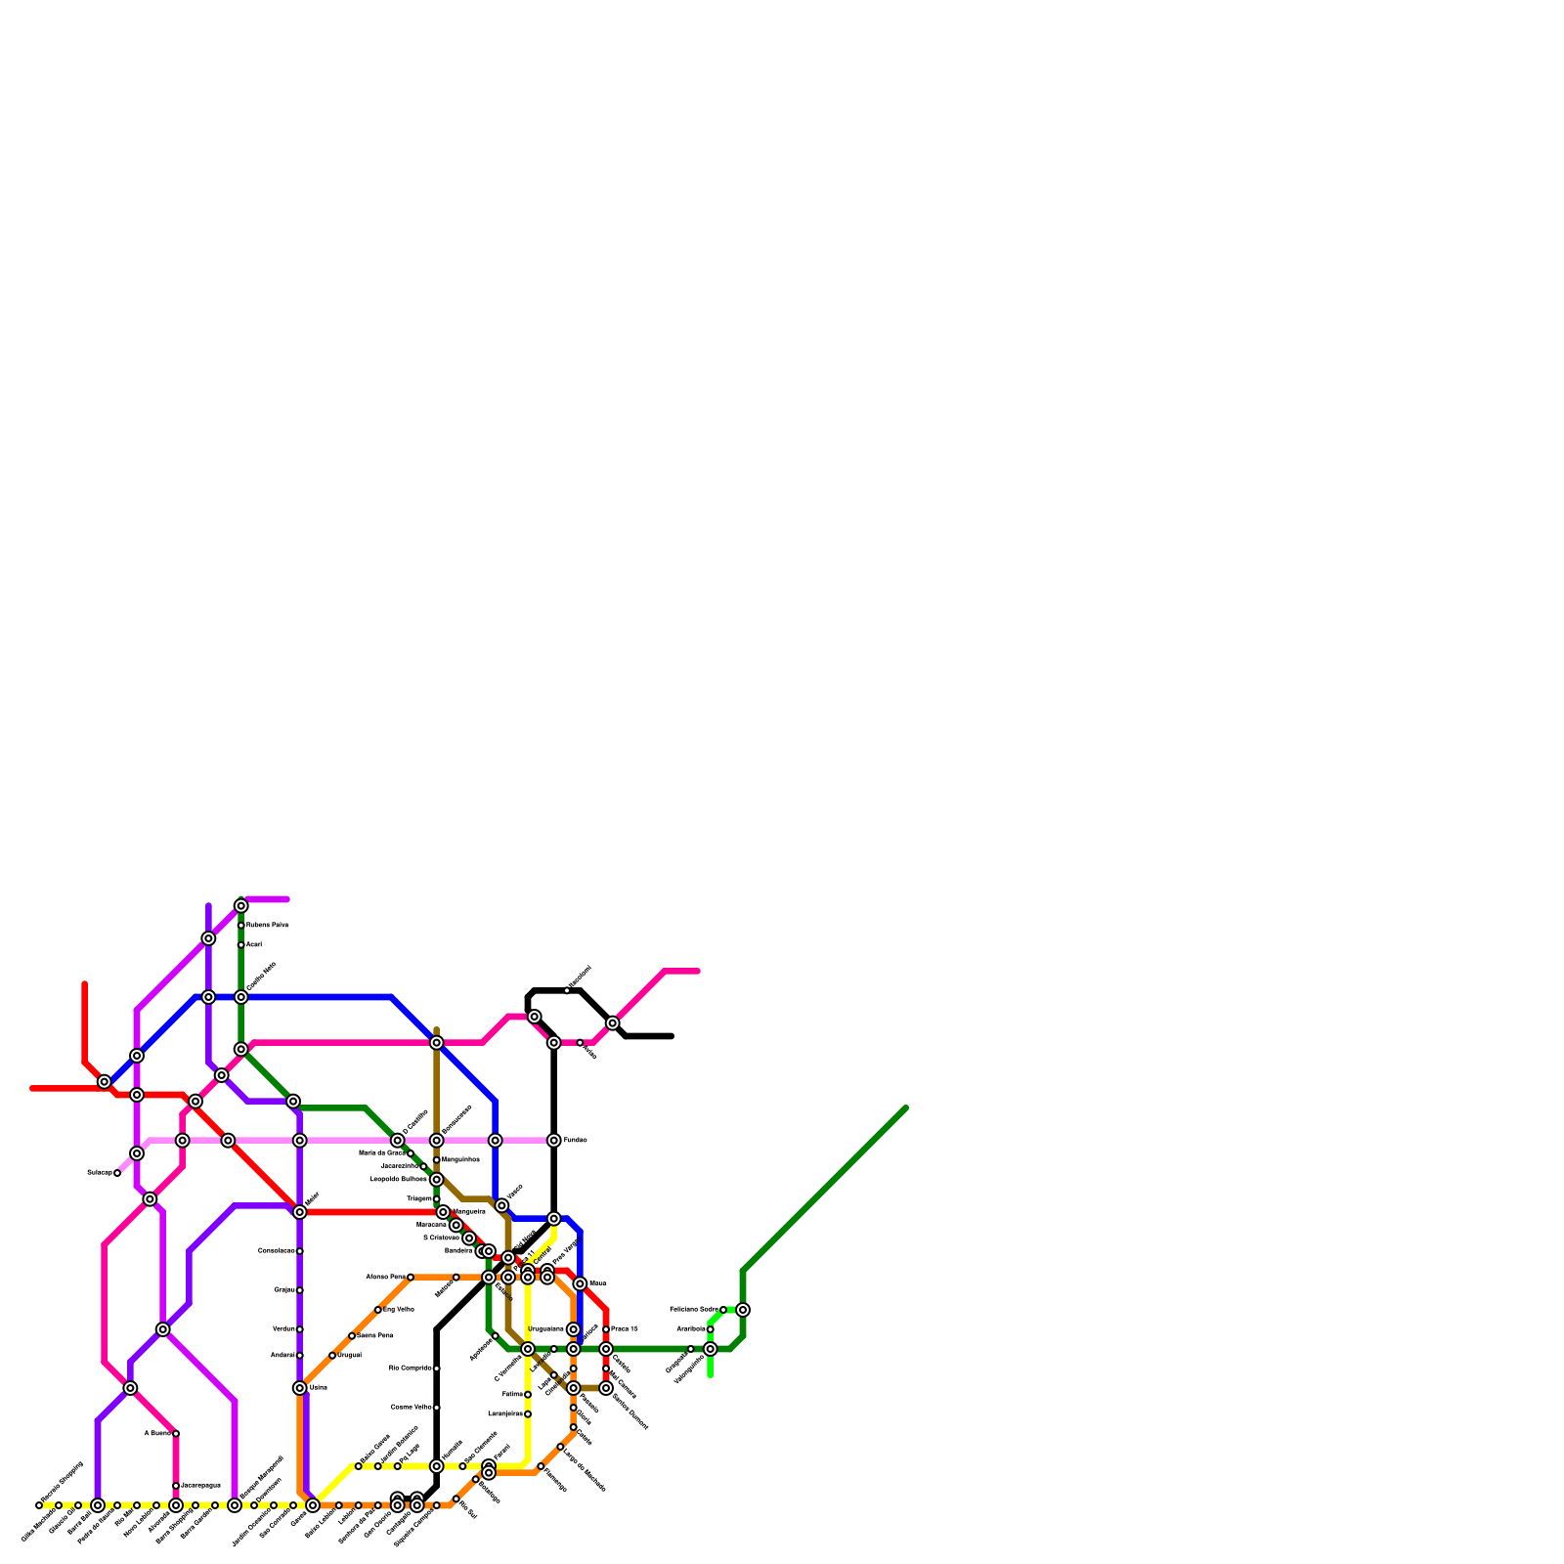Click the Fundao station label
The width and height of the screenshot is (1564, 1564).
(575, 1141)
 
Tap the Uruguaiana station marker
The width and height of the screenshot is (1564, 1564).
(574, 1329)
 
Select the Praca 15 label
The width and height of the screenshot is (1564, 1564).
(625, 1329)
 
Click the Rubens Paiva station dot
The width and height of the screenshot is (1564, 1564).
(241, 926)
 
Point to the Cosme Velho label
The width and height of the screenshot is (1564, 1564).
(411, 1408)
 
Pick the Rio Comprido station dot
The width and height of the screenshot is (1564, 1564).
(437, 1368)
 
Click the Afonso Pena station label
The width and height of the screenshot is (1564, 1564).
(385, 1278)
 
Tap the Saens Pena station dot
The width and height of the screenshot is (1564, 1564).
(352, 1336)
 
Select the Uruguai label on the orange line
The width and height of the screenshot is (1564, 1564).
(349, 1356)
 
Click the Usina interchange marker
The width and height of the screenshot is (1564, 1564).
(300, 1388)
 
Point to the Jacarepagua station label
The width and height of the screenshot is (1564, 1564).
(200, 1486)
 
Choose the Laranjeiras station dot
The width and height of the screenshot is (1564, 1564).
(528, 1414)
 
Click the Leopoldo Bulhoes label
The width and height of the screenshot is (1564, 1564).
(399, 1180)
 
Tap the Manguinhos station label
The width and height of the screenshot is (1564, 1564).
(460, 1160)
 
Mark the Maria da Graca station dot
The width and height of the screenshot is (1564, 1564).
(411, 1154)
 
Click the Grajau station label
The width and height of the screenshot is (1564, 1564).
(284, 1290)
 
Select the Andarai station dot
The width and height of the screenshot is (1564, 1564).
(300, 1356)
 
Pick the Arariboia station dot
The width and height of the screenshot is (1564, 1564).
(711, 1329)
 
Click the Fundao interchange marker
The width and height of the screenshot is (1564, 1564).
(554, 1141)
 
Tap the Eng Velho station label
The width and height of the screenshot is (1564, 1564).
(399, 1310)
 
